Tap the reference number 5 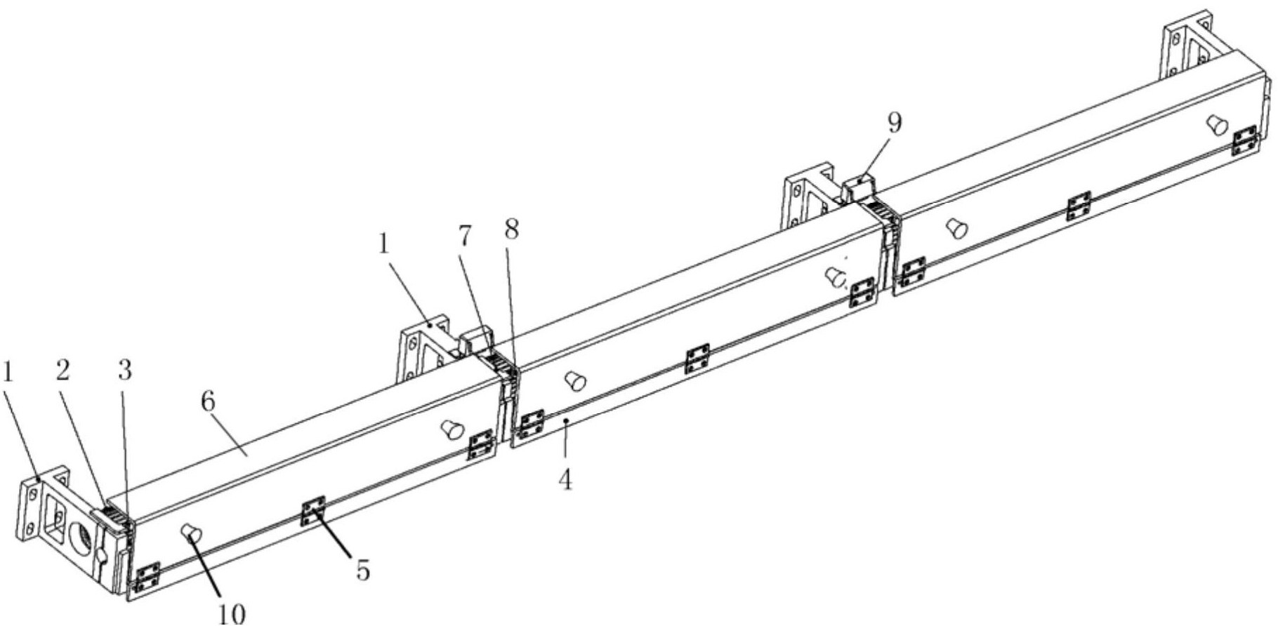pyautogui.click(x=362, y=571)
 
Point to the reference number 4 pyautogui.click(x=565, y=480)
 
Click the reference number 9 pyautogui.click(x=894, y=123)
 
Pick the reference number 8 pyautogui.click(x=512, y=229)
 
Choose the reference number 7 pyautogui.click(x=466, y=237)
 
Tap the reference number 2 pyautogui.click(x=63, y=371)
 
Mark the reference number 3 pyautogui.click(x=125, y=371)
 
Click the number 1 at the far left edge pyautogui.click(x=8, y=371)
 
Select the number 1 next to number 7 pyautogui.click(x=383, y=244)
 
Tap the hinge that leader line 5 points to pyautogui.click(x=313, y=511)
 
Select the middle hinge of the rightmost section pyautogui.click(x=1079, y=205)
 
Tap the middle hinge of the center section pyautogui.click(x=697, y=358)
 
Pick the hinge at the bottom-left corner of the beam pyautogui.click(x=147, y=577)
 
